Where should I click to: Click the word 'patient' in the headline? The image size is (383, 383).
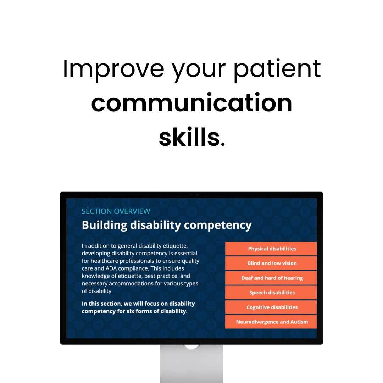click(277, 70)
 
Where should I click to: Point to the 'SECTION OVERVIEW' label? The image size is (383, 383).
click(116, 211)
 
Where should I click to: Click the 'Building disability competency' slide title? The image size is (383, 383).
click(167, 225)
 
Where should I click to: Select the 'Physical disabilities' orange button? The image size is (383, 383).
click(272, 249)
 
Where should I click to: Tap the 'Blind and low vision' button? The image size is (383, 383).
click(272, 263)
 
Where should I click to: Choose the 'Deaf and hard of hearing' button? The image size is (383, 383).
click(272, 278)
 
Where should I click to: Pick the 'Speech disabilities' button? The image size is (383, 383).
click(272, 293)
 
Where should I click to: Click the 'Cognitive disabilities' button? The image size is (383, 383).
click(272, 307)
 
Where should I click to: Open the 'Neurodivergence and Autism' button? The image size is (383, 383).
click(272, 322)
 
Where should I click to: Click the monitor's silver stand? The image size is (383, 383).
click(191, 365)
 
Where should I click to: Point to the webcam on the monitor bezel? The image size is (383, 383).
click(191, 194)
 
